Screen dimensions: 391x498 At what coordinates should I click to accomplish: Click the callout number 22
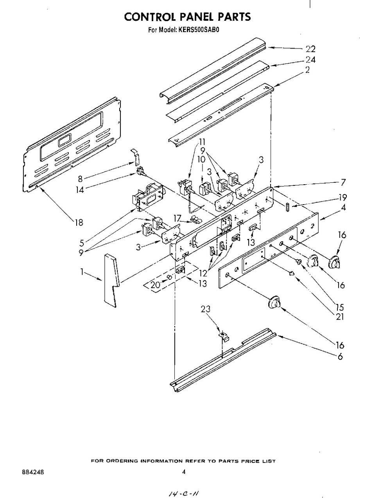tap(310, 49)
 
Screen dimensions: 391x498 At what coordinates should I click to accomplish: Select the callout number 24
tap(311, 60)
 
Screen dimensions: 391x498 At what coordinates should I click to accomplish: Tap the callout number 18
tap(79, 222)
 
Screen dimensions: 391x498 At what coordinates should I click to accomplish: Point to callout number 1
tap(82, 272)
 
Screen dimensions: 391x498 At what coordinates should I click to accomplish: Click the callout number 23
tap(206, 309)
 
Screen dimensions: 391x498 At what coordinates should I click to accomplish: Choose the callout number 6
tap(341, 356)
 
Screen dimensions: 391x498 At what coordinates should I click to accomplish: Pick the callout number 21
tap(340, 317)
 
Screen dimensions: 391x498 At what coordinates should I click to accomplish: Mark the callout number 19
tap(343, 197)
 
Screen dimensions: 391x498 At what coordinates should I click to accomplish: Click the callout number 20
tap(156, 285)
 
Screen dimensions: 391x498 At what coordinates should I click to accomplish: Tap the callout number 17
tap(177, 218)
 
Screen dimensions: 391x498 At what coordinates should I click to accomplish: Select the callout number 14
tap(80, 189)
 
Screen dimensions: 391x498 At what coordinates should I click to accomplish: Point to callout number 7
tap(343, 182)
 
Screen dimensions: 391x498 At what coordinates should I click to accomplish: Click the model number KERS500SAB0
tap(198, 30)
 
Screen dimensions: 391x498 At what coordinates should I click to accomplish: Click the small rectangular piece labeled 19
tap(287, 207)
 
